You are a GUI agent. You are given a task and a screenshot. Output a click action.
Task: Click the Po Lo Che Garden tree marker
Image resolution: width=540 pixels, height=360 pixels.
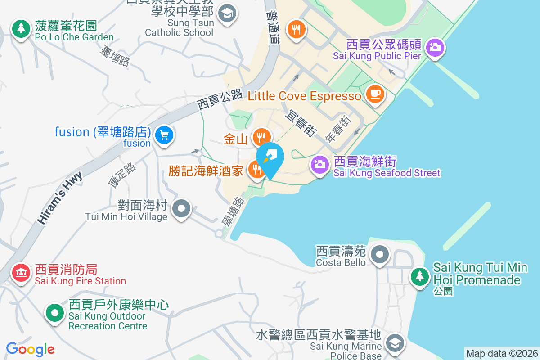20,29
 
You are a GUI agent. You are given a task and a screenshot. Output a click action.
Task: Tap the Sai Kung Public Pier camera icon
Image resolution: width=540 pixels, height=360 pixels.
435,47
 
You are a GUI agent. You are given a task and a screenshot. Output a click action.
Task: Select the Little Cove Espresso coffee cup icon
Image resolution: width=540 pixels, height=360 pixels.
375,94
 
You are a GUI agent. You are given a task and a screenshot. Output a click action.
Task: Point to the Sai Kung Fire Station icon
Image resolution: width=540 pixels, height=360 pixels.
20,272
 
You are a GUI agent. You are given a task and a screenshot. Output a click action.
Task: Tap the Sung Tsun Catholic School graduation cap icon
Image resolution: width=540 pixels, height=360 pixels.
227,13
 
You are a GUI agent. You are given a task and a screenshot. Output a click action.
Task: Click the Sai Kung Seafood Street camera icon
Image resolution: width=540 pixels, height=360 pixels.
320,165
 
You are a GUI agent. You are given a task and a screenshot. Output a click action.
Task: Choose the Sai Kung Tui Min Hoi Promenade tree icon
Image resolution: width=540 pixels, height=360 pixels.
420,275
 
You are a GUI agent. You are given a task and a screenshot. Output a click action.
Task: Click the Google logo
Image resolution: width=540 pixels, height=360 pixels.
31,349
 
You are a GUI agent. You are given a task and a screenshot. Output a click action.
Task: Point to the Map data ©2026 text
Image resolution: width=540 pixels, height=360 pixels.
501,353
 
